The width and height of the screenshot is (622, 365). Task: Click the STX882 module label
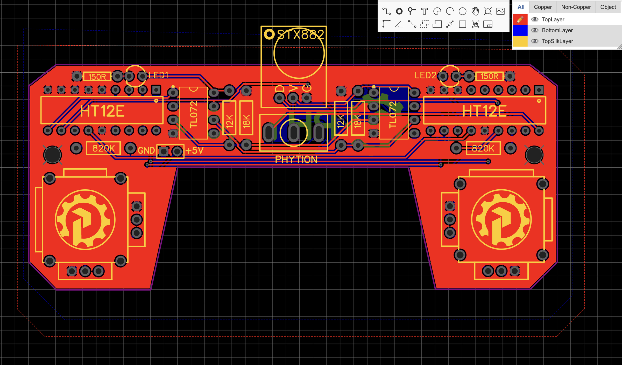(301, 35)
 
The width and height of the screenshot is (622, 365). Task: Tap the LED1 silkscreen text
(158, 75)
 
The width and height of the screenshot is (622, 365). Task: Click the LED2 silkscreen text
(425, 75)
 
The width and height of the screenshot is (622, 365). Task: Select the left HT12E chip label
(102, 111)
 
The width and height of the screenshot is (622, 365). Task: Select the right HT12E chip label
(484, 111)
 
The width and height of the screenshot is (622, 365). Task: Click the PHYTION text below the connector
(296, 159)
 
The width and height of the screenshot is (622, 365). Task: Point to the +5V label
(194, 150)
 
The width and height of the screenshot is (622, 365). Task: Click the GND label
(146, 150)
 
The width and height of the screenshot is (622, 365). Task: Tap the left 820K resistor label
(103, 148)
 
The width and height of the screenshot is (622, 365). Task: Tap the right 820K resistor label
(483, 148)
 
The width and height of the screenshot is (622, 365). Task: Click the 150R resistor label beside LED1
(97, 77)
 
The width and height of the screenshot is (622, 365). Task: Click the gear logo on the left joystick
(85, 220)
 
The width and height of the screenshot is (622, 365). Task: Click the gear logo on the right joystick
(501, 220)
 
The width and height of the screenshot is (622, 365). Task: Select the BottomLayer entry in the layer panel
(557, 30)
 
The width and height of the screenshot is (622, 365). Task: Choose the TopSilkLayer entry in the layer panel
(557, 41)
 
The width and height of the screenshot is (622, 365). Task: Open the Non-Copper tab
(576, 7)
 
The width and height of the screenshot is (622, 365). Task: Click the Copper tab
(543, 7)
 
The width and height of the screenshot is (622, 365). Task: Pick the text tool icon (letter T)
(424, 11)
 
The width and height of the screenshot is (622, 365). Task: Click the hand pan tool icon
(475, 11)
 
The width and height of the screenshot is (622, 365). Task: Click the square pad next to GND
(164, 151)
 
